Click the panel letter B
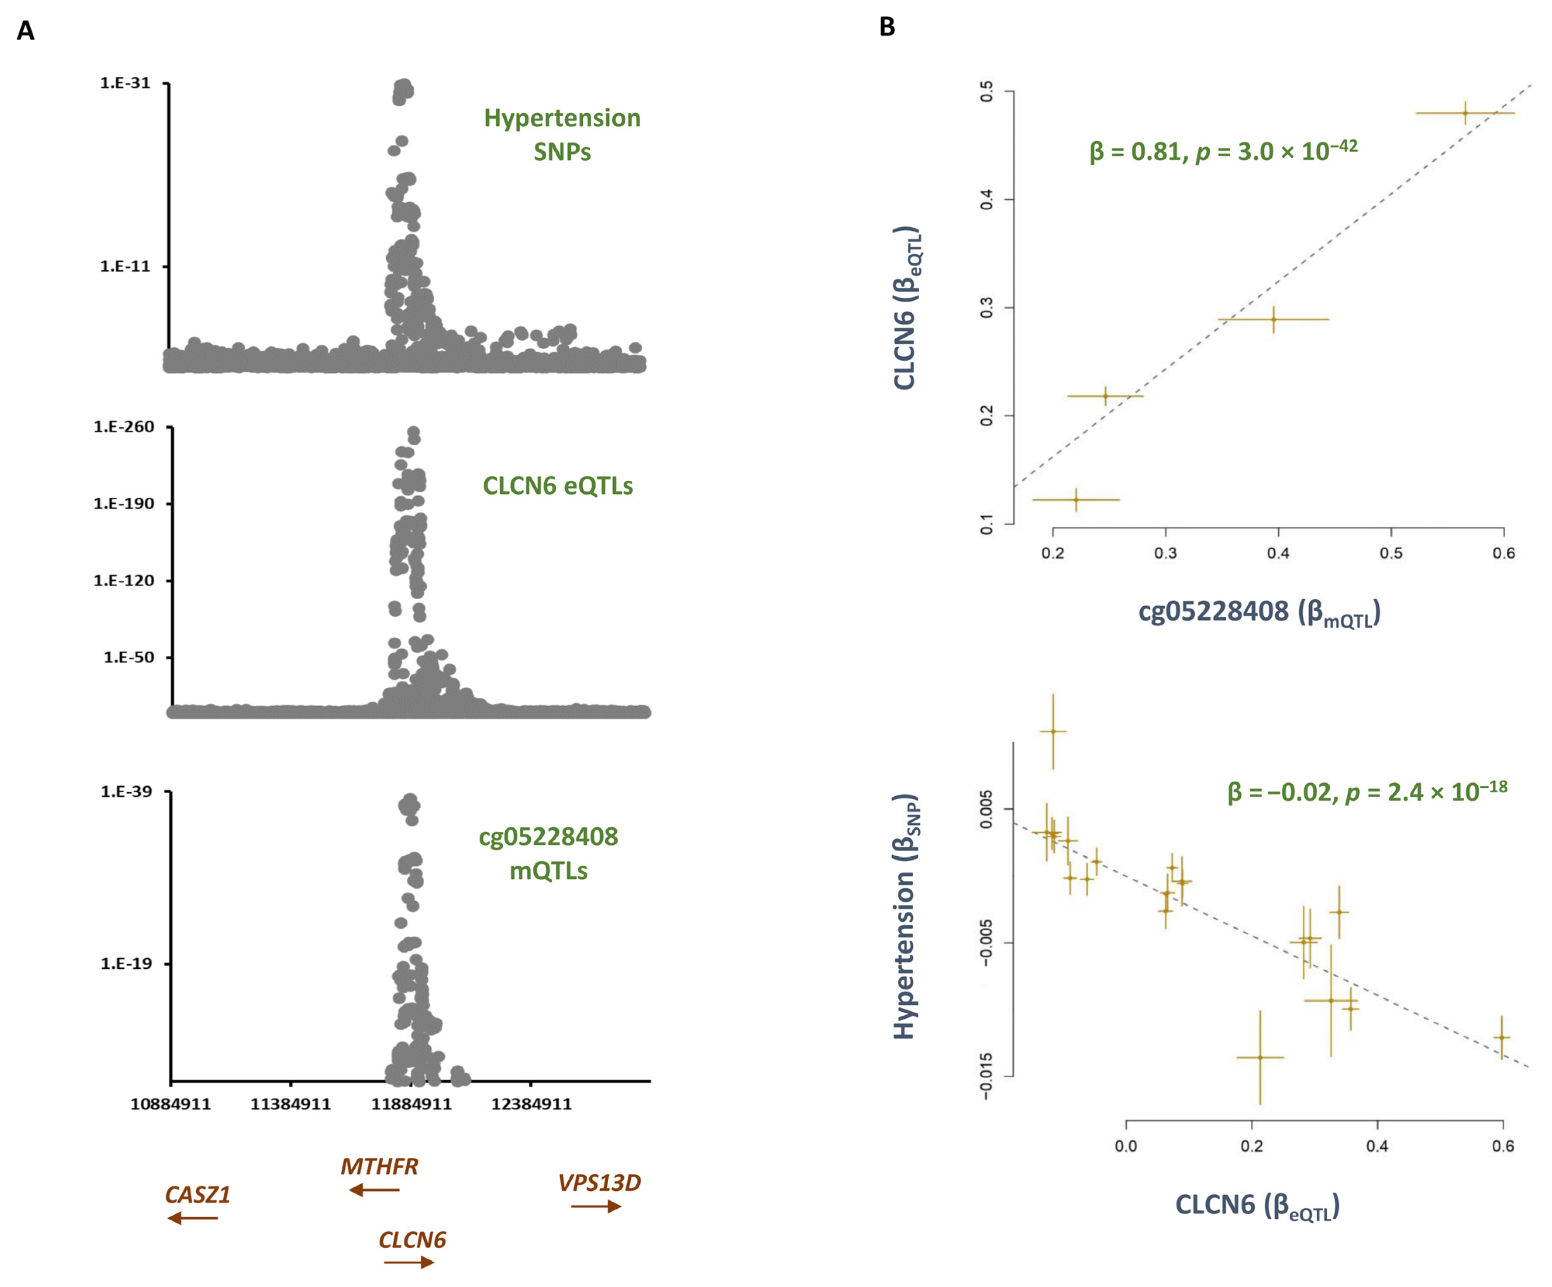coord(887,28)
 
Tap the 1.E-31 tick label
coord(125,83)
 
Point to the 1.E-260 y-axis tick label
coord(123,427)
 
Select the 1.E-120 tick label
coord(123,581)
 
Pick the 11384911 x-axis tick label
coord(290,1104)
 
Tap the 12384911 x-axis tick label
coord(532,1104)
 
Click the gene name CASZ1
coord(197,1195)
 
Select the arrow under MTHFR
coord(374,1189)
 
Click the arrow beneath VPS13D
coord(596,1206)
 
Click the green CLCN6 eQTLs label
coord(558,486)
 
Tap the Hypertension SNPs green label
coord(563,135)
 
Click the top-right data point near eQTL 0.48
coord(1465,113)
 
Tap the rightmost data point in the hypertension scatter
coord(1501,1037)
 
